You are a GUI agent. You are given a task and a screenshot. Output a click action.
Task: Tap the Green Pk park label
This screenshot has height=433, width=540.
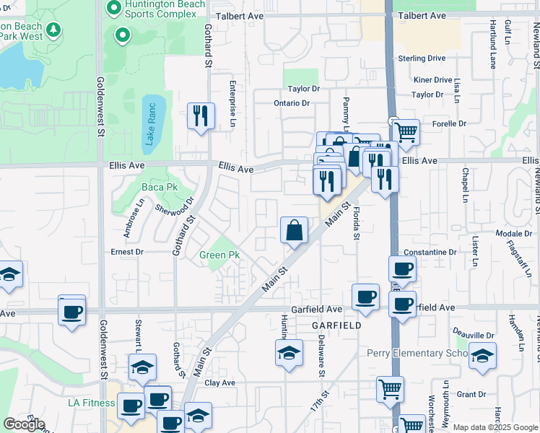point(219,255)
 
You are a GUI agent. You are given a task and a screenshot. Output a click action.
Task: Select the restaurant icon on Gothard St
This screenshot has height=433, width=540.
point(199,116)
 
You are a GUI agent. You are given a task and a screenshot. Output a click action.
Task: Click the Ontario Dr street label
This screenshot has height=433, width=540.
point(292,103)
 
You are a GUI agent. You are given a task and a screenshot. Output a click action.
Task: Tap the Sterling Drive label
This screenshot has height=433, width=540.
point(422,58)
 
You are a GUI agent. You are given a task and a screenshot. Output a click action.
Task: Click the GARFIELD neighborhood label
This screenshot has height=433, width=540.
point(336,325)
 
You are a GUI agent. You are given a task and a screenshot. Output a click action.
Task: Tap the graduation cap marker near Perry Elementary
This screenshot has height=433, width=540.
point(482,356)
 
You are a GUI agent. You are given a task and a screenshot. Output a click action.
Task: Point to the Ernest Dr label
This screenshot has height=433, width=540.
point(127,252)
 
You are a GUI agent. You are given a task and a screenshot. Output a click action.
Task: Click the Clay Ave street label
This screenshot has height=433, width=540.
point(220,382)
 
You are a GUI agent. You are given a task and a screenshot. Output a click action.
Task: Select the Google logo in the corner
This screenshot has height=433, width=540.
point(24,424)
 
